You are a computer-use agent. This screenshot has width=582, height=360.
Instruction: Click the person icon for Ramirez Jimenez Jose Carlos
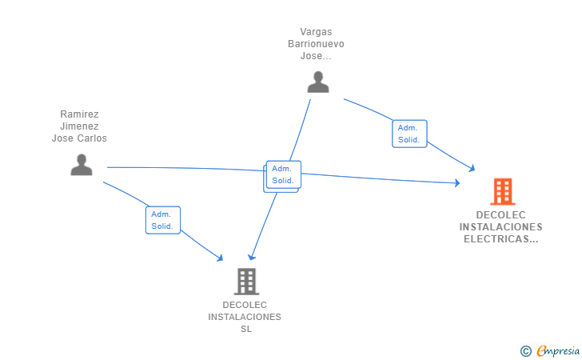coord(82,165)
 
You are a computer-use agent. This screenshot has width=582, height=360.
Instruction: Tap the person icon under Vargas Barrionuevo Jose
coord(318,82)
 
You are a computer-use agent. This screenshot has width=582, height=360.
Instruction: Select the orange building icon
coord(503,192)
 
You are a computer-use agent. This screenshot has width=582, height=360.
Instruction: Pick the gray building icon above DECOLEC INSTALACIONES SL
coord(246,282)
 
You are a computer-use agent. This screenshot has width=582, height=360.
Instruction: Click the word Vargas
coord(316,32)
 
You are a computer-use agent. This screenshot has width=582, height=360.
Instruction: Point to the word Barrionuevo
coord(316,44)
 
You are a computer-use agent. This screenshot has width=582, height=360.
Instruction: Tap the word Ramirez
coord(79,114)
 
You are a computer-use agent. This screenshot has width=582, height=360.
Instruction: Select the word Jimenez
coord(79,126)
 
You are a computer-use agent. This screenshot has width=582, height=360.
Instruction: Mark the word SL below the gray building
coord(246,329)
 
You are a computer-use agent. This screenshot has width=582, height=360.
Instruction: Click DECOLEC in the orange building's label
coord(500,214)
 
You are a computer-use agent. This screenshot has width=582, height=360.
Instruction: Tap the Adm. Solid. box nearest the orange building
coord(409,134)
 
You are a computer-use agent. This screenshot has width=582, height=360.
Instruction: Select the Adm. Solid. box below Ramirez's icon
coord(163,220)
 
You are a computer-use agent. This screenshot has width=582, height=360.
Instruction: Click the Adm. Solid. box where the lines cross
coord(284,174)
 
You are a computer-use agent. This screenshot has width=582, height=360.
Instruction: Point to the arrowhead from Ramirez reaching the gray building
coord(220,258)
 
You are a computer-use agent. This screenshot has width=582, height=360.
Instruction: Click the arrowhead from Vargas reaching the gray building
coord(252,257)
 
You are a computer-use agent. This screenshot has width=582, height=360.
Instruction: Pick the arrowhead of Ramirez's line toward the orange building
coord(457,182)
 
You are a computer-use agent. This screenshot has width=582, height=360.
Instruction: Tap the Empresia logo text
coord(558,350)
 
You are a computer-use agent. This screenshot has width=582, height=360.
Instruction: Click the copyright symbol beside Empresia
coord(526,351)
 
